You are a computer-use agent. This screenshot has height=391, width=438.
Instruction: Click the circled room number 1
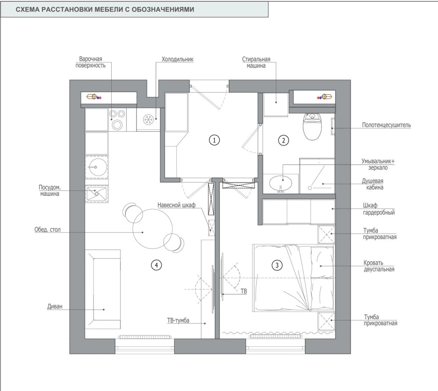point(214,140)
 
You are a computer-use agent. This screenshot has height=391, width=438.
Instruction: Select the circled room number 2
point(283,140)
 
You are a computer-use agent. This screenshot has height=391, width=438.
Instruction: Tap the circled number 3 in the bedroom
point(277,265)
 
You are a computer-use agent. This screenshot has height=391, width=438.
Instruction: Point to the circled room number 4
point(156,265)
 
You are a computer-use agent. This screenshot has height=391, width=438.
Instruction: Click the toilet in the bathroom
point(312,127)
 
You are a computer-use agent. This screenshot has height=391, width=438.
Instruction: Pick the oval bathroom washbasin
point(281,183)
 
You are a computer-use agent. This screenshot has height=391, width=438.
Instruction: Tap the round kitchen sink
point(96,167)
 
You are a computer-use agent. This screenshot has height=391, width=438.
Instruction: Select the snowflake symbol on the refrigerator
point(148,120)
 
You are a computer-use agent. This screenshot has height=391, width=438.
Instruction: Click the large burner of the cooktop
point(117,124)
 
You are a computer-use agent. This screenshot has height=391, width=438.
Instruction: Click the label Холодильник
point(177,59)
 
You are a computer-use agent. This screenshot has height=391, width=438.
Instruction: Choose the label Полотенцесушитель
point(386,125)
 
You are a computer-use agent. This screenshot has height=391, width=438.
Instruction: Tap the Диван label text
point(55,306)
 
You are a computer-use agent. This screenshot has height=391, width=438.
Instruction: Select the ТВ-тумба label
point(178,321)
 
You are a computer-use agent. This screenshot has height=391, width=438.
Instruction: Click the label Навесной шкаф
point(176,205)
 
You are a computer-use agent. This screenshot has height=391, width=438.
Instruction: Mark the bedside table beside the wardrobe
point(326,234)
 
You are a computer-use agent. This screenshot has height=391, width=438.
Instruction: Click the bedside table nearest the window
point(326,321)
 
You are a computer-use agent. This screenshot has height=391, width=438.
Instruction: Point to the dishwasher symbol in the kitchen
point(96,193)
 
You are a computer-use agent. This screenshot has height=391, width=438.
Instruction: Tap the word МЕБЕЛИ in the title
point(109,10)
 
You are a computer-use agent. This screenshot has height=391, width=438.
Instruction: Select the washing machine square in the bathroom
point(276,105)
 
